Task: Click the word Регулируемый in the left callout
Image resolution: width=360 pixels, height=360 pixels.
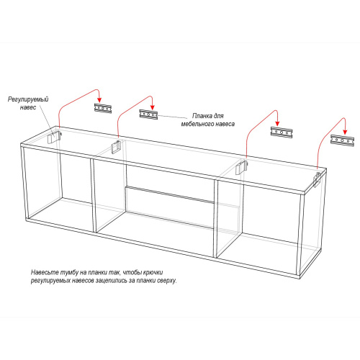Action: coord(28,99)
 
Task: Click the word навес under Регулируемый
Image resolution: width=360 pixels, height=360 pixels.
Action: coord(28,107)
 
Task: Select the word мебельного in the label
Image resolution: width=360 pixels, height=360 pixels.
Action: coord(197,124)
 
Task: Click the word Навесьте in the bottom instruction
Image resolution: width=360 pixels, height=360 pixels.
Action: coord(45,272)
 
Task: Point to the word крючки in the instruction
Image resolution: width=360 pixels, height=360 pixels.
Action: coord(153,272)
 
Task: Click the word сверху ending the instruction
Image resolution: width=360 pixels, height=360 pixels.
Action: coord(167,280)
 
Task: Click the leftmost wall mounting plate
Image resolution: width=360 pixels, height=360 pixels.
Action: coord(103,108)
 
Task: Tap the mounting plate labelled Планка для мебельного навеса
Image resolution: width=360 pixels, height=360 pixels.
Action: coord(148,114)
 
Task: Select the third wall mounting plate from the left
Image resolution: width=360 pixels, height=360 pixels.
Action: coord(282,132)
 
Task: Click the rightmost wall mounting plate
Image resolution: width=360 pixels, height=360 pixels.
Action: coord(343,140)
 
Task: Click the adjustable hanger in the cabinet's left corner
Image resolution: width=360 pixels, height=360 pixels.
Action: coord(54,137)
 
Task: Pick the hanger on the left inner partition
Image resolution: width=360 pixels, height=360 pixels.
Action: coord(117,146)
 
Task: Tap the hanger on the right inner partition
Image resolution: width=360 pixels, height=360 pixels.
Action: coord(240,167)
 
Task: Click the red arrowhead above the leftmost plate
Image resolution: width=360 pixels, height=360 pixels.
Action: coord(99,100)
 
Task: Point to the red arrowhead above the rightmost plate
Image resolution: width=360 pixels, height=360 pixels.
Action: coord(345,132)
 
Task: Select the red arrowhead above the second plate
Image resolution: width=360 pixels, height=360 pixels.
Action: coord(152,107)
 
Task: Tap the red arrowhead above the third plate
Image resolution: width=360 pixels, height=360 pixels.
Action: coord(277,123)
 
